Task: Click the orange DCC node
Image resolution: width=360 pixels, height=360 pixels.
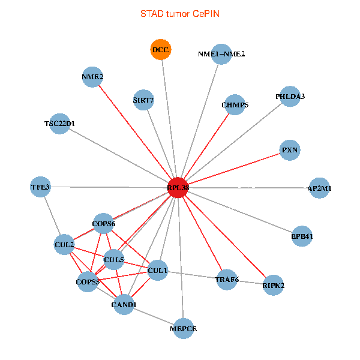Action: pos(161,50)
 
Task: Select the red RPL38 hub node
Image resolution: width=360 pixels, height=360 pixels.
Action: pos(178,187)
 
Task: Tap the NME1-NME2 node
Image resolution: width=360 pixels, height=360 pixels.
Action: pos(221,54)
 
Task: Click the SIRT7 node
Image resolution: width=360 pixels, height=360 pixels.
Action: pos(144,100)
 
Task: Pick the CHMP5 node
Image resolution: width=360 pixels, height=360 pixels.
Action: pos(235,105)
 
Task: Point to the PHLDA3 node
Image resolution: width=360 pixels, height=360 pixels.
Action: pos(290,97)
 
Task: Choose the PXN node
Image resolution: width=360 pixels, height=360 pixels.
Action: pos(290,150)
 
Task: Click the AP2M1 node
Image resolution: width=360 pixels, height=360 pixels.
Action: pos(319,188)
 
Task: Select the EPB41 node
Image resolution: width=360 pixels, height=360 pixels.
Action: pos(302,236)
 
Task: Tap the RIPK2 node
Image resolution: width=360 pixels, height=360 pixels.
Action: pos(273,284)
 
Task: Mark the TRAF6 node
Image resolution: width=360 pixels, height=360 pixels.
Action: pos(226,279)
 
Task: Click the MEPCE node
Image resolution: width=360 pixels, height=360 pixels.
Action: pos(184,328)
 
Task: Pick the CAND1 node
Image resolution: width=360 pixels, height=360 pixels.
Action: pos(124,305)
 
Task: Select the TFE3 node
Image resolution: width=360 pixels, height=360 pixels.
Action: pos(40,187)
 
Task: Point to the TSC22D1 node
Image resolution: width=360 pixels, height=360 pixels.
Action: pos(59,124)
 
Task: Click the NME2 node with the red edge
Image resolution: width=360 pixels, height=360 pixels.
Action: pos(92,77)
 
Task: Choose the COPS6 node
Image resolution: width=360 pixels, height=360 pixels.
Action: pos(103,224)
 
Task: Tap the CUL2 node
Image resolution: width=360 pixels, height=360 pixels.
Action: pos(64,245)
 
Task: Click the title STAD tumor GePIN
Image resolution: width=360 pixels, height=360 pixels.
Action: pos(180,14)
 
